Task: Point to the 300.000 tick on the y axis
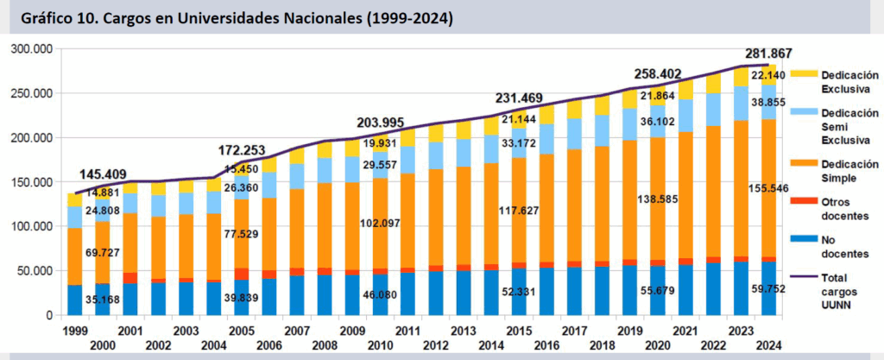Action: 32,49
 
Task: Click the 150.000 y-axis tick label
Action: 32,182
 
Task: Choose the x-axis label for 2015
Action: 517,332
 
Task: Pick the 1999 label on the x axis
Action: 75,332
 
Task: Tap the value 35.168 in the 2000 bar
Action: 104,302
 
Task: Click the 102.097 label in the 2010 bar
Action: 380,224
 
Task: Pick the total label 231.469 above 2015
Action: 523,98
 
